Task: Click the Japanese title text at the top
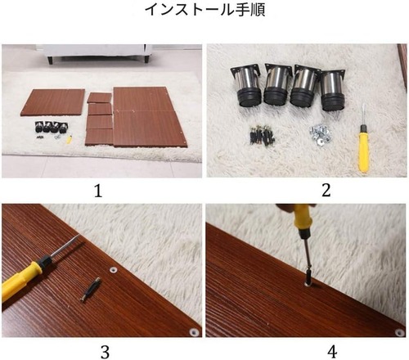[x=204, y=11]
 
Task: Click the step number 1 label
[x=99, y=191]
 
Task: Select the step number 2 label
[x=307, y=191]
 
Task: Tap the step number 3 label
[x=104, y=352]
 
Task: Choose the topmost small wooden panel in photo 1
[x=100, y=97]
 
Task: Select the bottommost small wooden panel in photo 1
[x=99, y=135]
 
